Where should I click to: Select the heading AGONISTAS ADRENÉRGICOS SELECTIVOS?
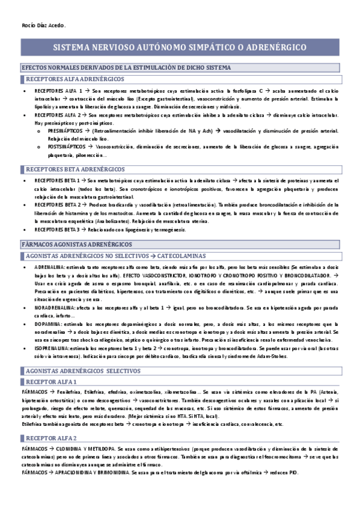pyautogui.click(x=84, y=371)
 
